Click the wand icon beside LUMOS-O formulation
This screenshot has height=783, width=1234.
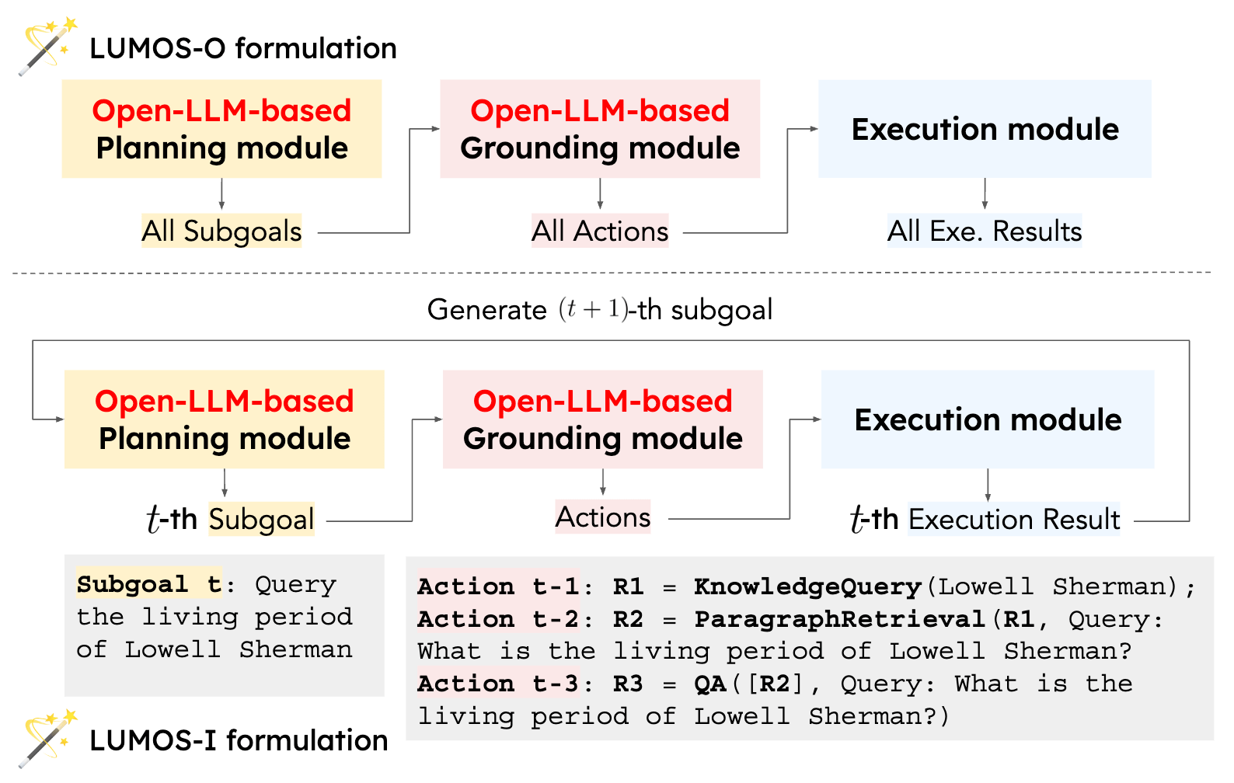tap(47, 47)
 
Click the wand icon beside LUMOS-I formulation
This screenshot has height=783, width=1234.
tap(47, 738)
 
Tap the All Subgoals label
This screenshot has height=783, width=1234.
tap(221, 231)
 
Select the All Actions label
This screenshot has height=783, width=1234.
tap(600, 231)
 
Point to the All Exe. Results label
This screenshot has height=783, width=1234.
tap(985, 231)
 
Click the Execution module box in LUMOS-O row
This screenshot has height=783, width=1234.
tap(985, 129)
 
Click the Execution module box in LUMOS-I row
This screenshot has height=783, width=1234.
tap(988, 419)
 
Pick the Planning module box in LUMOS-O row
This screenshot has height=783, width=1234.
tap(221, 129)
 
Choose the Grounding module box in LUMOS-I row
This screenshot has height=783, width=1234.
tap(602, 419)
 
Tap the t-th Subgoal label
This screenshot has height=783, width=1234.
tap(232, 519)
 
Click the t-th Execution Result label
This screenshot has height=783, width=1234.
tap(985, 519)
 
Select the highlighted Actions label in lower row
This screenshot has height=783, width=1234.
tap(603, 517)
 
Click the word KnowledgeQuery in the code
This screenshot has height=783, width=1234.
tap(807, 586)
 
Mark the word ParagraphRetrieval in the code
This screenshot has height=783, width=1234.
tap(839, 619)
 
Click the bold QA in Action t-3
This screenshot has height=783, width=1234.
tap(709, 684)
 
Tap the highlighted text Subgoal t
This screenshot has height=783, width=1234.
tap(148, 584)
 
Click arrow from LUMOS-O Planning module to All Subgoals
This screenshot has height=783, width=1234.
tap(221, 194)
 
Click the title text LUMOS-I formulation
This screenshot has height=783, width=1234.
tap(239, 740)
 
